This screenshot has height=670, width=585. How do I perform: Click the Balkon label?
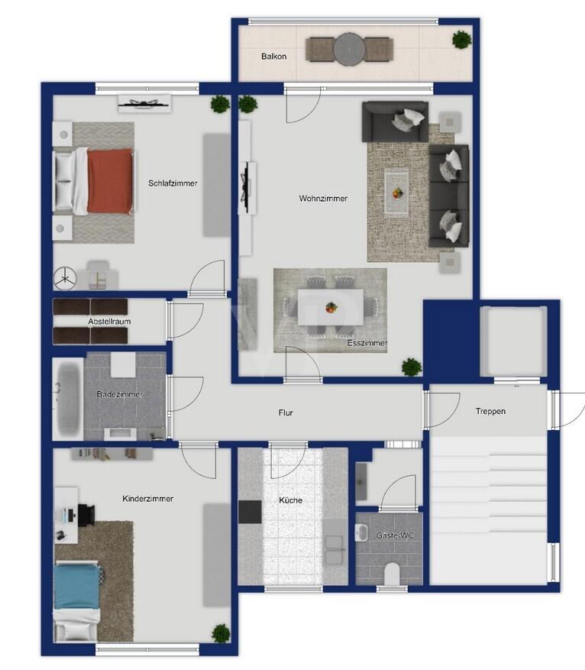(273, 57)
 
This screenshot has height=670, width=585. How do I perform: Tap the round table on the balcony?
(350, 50)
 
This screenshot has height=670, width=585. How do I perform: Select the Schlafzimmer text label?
(173, 183)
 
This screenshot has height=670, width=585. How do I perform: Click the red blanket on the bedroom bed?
(110, 181)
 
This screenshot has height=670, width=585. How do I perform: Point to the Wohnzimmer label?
(323, 199)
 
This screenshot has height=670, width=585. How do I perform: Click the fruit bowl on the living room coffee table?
(397, 193)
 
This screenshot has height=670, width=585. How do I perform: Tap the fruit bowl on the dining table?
(331, 307)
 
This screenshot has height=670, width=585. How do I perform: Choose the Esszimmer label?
(367, 343)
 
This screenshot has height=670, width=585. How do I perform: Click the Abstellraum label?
(109, 322)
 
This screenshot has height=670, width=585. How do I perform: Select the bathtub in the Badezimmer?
(68, 398)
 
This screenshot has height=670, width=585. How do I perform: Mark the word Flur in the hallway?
(286, 413)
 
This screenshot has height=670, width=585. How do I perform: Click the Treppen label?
(490, 411)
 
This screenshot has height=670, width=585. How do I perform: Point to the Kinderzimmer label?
(147, 499)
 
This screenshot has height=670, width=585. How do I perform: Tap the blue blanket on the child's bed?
(77, 586)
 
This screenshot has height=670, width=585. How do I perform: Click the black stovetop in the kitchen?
(250, 512)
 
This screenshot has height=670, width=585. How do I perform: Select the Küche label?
(291, 500)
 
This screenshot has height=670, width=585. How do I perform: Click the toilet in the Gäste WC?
(392, 574)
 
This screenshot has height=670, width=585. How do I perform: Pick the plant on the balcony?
(461, 40)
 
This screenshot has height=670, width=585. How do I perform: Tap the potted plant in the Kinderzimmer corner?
(221, 633)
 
